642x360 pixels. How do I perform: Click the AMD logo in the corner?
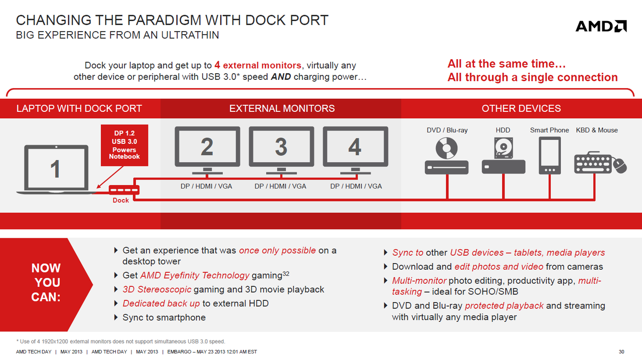[601, 26]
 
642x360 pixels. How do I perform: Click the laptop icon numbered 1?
[56, 169]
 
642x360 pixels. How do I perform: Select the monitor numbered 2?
[207, 150]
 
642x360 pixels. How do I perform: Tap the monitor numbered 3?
[281, 150]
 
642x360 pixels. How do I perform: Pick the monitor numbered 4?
[356, 150]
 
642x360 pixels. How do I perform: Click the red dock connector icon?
[124, 190]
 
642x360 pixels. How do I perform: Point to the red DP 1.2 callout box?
[124, 145]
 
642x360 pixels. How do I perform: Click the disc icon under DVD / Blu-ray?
[446, 148]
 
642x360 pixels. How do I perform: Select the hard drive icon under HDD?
[504, 147]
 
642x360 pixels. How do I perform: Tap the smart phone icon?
[550, 155]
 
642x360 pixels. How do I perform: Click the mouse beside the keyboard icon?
[619, 165]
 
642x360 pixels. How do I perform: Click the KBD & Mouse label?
[597, 130]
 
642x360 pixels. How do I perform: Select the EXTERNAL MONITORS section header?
[282, 108]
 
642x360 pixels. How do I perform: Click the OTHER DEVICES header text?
[521, 108]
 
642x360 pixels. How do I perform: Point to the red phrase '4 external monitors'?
[258, 65]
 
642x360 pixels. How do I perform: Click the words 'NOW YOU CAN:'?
[46, 283]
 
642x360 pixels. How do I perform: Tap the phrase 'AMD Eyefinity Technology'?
[195, 275]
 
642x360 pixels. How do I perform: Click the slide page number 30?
[621, 351]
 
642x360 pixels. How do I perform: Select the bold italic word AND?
[281, 77]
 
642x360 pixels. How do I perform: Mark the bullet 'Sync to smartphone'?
[164, 317]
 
